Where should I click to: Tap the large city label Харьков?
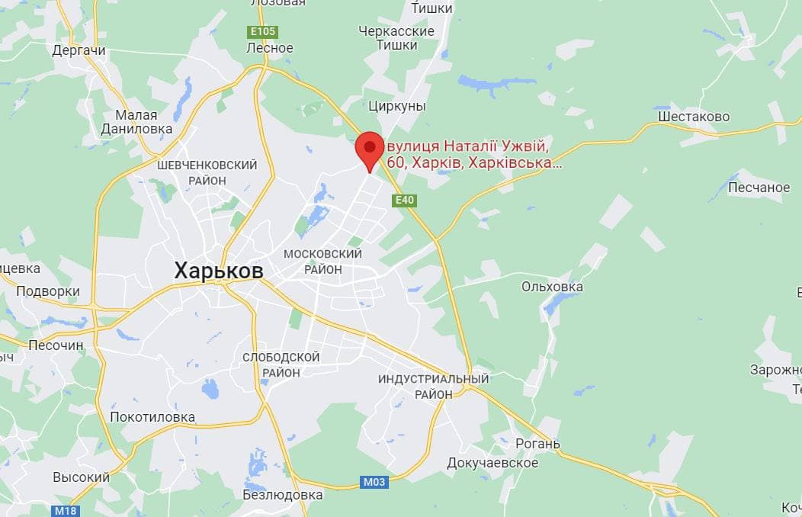click(x=219, y=271)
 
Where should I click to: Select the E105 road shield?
click(x=262, y=32)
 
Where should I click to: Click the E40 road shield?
click(x=404, y=201)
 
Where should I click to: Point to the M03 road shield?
click(x=374, y=482)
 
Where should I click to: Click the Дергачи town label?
click(x=79, y=50)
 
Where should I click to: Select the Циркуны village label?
click(x=396, y=106)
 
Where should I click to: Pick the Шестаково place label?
click(x=694, y=117)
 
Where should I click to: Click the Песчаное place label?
click(x=759, y=187)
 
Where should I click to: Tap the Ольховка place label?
click(x=552, y=287)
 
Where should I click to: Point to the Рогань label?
click(x=537, y=444)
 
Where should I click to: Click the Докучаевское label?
click(x=492, y=463)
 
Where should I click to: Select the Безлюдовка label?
click(x=282, y=495)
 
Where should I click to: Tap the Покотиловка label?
click(x=152, y=417)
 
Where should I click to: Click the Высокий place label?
click(x=81, y=477)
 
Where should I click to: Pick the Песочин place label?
click(x=56, y=345)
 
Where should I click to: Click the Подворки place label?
click(x=48, y=291)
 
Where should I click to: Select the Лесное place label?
click(x=270, y=48)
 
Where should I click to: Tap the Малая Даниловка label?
click(x=136, y=122)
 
